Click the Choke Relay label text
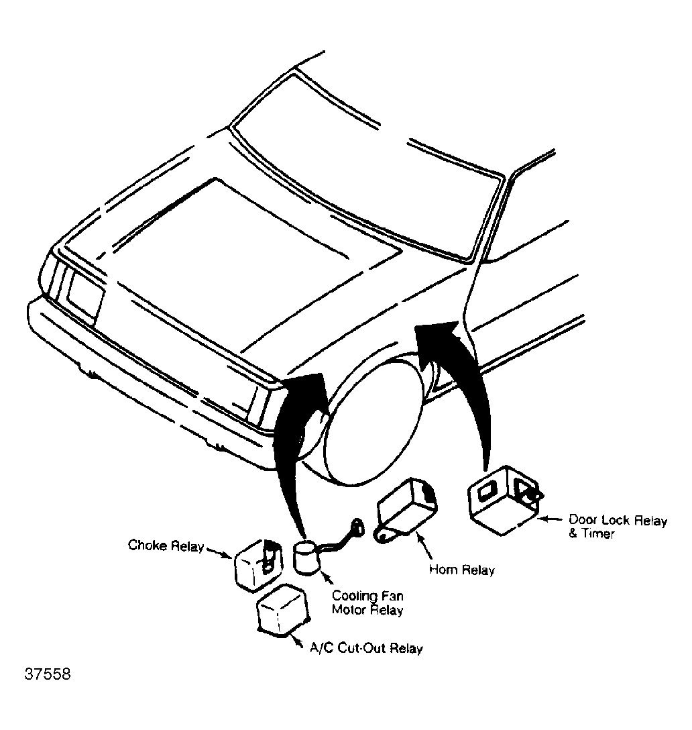coord(166,545)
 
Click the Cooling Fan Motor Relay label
coord(368,603)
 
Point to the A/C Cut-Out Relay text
coord(366,649)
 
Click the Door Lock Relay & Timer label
coord(617,527)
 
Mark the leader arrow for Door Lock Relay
coord(550,519)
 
